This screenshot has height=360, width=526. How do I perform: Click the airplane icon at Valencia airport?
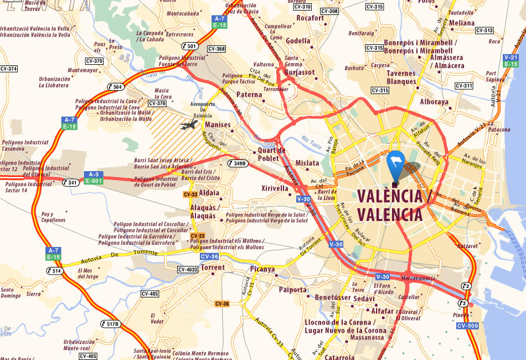point(188,125)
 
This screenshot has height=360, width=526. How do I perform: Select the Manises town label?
point(217,125)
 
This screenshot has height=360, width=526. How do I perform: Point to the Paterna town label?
point(249,95)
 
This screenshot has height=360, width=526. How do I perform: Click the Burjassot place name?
point(300,72)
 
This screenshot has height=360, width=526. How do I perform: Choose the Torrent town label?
point(213,268)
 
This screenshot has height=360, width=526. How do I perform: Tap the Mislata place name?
point(307,163)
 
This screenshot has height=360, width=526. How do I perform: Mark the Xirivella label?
point(275,188)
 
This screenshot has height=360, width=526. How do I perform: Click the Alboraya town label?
point(435,102)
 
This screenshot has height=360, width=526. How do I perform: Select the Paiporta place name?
point(293,290)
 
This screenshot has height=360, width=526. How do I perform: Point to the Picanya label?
point(262,269)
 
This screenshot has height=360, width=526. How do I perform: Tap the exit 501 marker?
point(189,46)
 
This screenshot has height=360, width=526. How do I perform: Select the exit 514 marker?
point(54,271)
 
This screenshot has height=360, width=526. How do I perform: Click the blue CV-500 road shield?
point(467,326)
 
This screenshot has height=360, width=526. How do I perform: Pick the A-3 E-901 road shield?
point(93,178)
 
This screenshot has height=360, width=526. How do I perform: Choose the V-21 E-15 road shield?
point(510,60)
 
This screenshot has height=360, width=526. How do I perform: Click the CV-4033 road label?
point(188,270)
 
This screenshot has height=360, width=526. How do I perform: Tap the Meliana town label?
point(462,23)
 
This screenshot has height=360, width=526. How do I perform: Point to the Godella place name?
point(298,40)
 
